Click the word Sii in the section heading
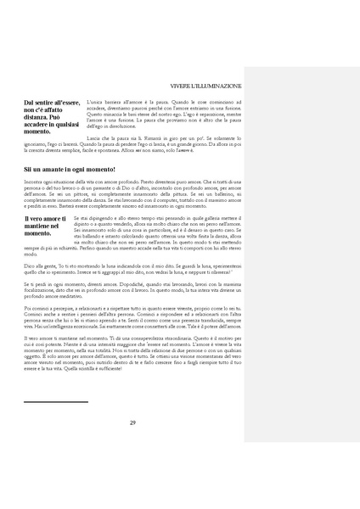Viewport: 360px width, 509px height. (x=28, y=171)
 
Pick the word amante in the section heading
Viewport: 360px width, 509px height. (x=51, y=171)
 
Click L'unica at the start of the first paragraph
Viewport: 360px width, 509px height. (x=95, y=101)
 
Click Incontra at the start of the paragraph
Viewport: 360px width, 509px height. (x=33, y=182)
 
